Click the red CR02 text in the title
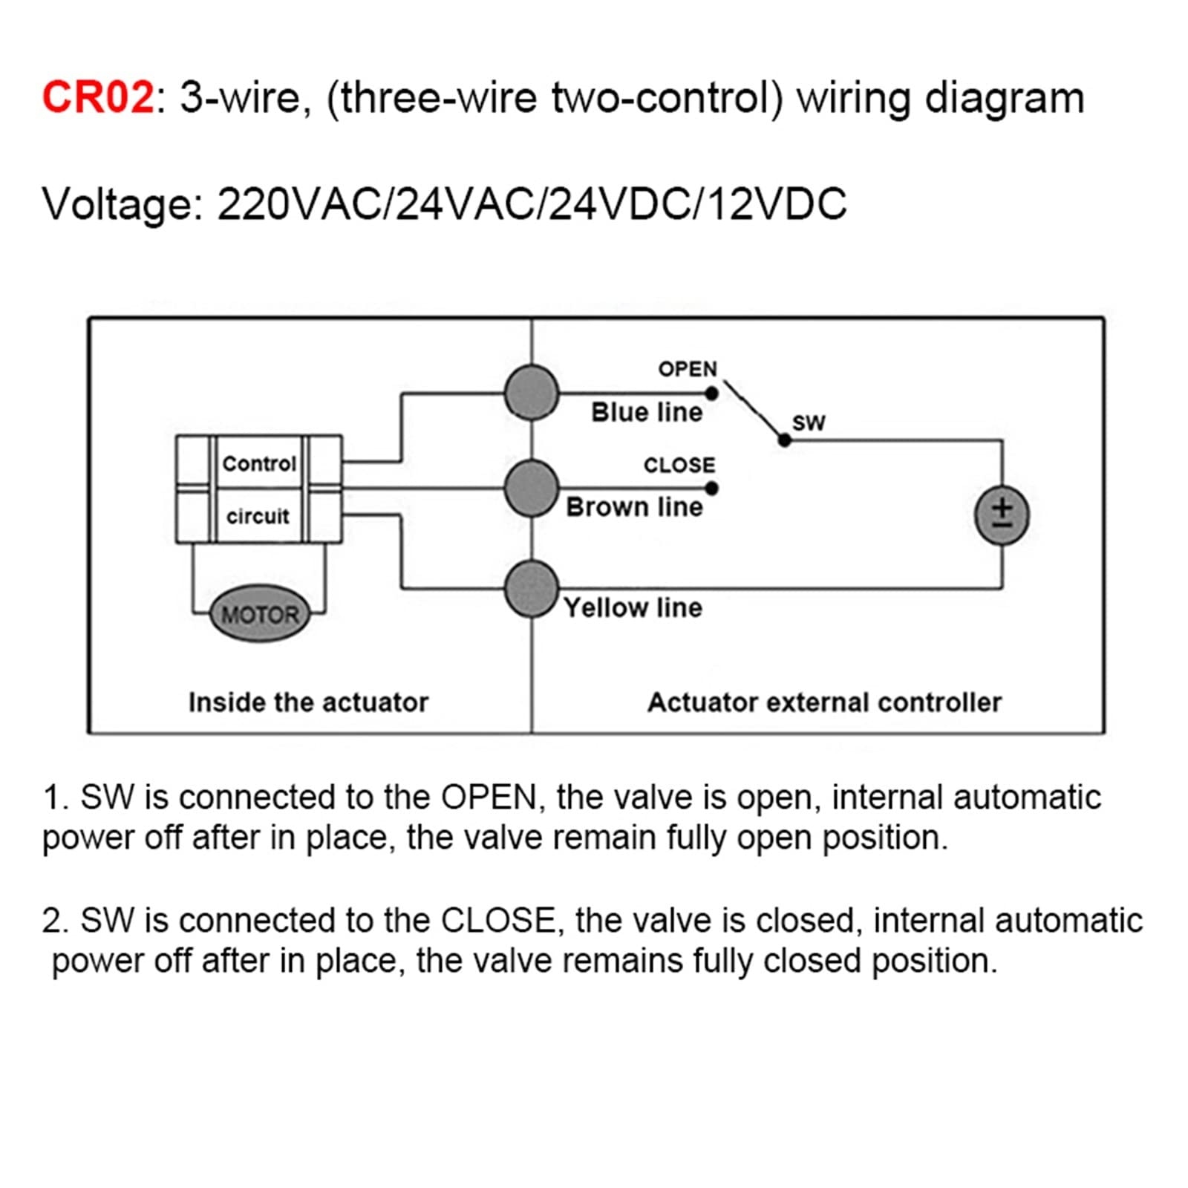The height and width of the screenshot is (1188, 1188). pyautogui.click(x=97, y=97)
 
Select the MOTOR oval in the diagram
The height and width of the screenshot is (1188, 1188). pyautogui.click(x=260, y=614)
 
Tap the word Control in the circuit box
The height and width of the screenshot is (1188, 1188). pyautogui.click(x=259, y=463)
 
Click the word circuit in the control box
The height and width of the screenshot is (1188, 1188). pyautogui.click(x=258, y=515)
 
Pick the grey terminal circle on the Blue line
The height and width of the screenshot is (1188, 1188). pyautogui.click(x=532, y=393)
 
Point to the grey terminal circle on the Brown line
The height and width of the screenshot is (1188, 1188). pyautogui.click(x=532, y=488)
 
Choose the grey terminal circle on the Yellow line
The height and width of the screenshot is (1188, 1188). pyautogui.click(x=532, y=589)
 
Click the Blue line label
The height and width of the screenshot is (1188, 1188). pyautogui.click(x=646, y=412)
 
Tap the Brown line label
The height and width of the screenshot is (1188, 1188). pyautogui.click(x=634, y=507)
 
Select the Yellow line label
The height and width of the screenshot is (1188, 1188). pyautogui.click(x=633, y=608)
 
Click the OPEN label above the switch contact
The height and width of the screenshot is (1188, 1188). pyautogui.click(x=688, y=369)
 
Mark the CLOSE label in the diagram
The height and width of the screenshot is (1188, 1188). pyautogui.click(x=679, y=465)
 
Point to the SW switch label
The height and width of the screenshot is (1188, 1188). pyautogui.click(x=809, y=422)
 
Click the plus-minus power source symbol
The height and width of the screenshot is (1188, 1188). pyautogui.click(x=1002, y=516)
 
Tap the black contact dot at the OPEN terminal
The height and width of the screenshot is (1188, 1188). pyautogui.click(x=711, y=394)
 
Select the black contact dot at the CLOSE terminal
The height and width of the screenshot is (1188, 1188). pyautogui.click(x=711, y=488)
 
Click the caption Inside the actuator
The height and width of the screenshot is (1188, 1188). pyautogui.click(x=308, y=702)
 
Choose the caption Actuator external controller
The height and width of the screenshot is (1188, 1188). pyautogui.click(x=824, y=702)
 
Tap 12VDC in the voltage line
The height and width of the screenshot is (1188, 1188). pyautogui.click(x=777, y=204)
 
